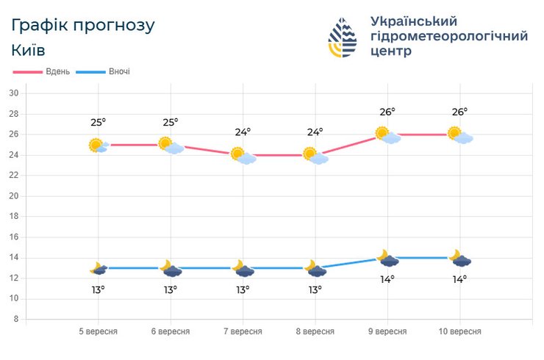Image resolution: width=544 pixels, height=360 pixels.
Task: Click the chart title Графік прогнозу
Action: coord(83,25)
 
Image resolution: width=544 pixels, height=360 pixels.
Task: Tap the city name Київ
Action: coord(29,51)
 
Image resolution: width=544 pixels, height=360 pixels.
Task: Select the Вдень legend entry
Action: coord(43,72)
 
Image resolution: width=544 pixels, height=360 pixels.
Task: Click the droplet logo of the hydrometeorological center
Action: coord(343,37)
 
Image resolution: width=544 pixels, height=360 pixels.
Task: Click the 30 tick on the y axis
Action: coord(13,93)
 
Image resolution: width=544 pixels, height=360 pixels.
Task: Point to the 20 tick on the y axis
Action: coord(13,196)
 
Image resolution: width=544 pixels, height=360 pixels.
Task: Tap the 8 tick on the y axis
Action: coord(15,320)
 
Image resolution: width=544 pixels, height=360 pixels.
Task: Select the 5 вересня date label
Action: coord(98,331)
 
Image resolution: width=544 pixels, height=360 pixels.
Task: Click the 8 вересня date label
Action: coord(315,331)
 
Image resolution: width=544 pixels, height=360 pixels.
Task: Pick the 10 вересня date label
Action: coord(460,331)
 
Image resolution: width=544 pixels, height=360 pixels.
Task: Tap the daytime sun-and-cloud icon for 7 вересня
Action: coord(242,156)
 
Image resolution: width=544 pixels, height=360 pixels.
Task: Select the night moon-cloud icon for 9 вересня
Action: coord(387,258)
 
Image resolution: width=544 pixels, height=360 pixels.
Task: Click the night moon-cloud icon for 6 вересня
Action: coord(171,268)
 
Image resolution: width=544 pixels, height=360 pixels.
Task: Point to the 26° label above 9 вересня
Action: coord(387,112)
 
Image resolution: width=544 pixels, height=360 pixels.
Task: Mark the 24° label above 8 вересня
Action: coord(315,133)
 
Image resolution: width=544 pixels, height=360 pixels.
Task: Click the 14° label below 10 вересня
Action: coord(460,279)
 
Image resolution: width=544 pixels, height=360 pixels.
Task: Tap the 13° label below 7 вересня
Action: coord(243,289)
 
